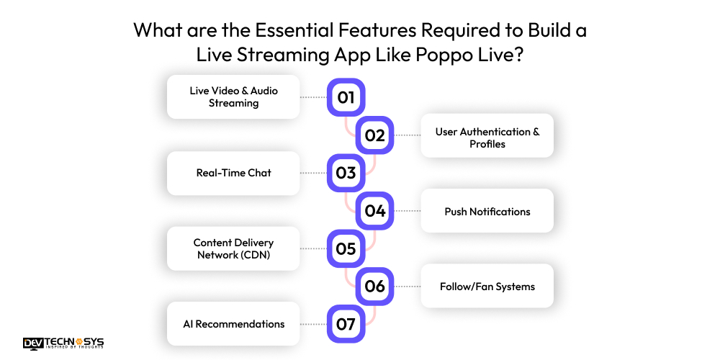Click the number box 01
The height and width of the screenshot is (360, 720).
[346, 97]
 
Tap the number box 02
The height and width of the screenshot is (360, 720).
[375, 135]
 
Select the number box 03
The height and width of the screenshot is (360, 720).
[346, 173]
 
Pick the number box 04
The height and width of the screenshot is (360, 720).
[375, 211]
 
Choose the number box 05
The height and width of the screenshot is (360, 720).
[346, 248]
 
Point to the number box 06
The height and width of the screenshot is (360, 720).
[375, 287]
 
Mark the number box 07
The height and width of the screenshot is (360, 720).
[346, 324]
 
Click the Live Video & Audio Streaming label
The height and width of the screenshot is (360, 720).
[233, 97]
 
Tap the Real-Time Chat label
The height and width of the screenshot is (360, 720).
[233, 173]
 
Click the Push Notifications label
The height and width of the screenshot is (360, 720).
[487, 211]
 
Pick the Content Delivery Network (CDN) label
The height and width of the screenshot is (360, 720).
[233, 248]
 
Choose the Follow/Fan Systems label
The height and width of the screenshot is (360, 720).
[487, 287]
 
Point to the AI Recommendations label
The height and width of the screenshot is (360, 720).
[233, 324]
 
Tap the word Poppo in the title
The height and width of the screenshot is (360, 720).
[440, 55]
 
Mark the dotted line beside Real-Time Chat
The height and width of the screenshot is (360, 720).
[314, 173]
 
